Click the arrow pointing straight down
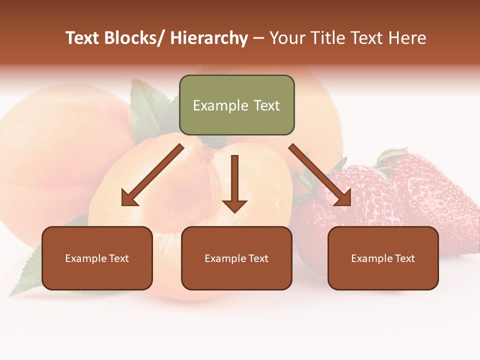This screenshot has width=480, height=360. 234,185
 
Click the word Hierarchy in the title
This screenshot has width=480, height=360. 209,38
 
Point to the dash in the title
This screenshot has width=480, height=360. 258,38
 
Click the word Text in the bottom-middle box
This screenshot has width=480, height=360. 258,258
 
